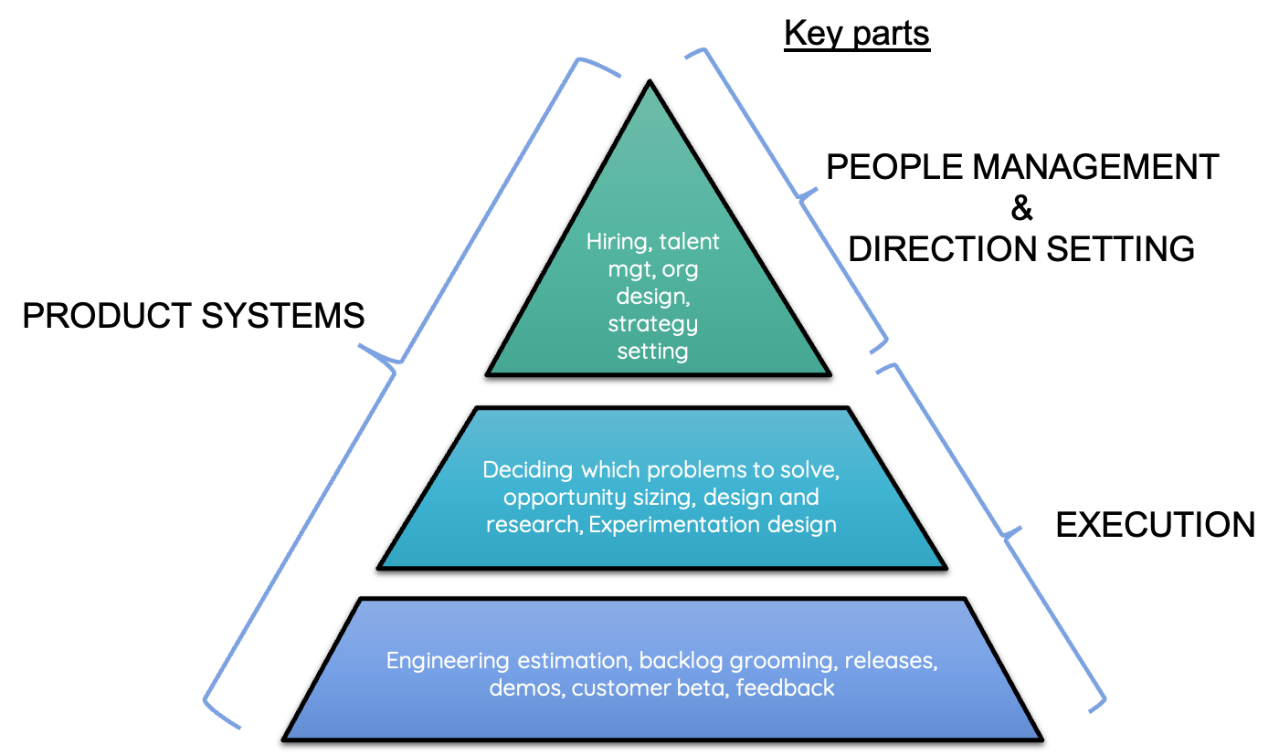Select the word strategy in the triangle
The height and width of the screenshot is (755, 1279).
[x=652, y=324]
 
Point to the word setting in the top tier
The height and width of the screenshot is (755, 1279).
[x=652, y=351]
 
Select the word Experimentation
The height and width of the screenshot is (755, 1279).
[x=713, y=525]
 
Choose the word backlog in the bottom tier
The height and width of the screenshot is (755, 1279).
[x=675, y=661]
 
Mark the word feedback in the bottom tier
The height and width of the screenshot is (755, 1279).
[x=785, y=688]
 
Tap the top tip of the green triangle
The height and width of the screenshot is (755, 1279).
[x=650, y=89]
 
